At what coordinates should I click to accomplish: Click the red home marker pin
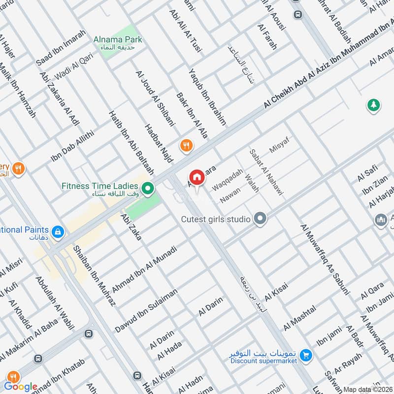(197, 177)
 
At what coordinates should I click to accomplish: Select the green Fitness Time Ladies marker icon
(147, 188)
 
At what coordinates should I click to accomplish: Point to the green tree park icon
(373, 104)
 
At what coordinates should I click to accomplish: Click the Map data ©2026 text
(367, 390)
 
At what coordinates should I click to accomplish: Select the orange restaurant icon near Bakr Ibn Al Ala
(186, 145)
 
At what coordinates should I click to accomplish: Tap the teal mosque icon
(380, 219)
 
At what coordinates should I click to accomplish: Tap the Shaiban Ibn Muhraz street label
(94, 274)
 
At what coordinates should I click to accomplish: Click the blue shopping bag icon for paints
(58, 231)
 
